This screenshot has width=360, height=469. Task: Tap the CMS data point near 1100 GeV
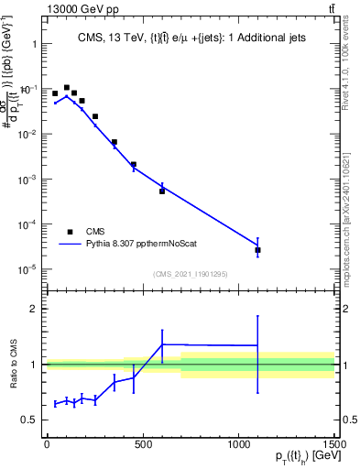tap(258, 250)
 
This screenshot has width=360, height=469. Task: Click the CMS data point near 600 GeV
tap(162, 191)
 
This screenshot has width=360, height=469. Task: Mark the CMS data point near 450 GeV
tap(134, 165)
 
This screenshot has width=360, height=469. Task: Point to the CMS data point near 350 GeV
tap(115, 142)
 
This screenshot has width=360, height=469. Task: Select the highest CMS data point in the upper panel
tap(67, 88)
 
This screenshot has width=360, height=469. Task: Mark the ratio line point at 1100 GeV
tap(258, 345)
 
